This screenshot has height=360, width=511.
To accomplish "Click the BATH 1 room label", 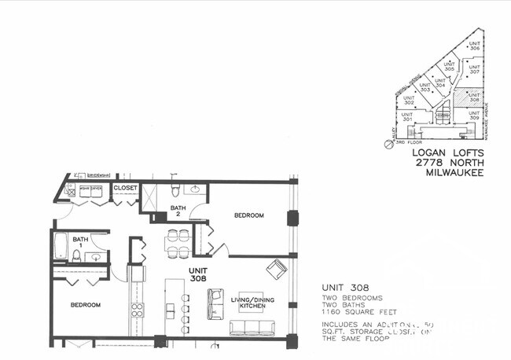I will [x=80, y=239].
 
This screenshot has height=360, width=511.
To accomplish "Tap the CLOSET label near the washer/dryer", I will [x=126, y=189].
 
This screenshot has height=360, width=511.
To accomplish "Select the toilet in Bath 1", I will [x=76, y=255].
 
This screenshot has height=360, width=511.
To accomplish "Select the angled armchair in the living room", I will [x=276, y=270].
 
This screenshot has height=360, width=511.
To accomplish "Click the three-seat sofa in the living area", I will [x=252, y=328].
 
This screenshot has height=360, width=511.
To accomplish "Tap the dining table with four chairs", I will [x=178, y=244].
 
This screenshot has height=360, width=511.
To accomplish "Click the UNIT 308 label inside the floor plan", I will [x=197, y=274].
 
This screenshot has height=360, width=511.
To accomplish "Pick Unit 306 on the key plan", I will [x=473, y=45].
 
